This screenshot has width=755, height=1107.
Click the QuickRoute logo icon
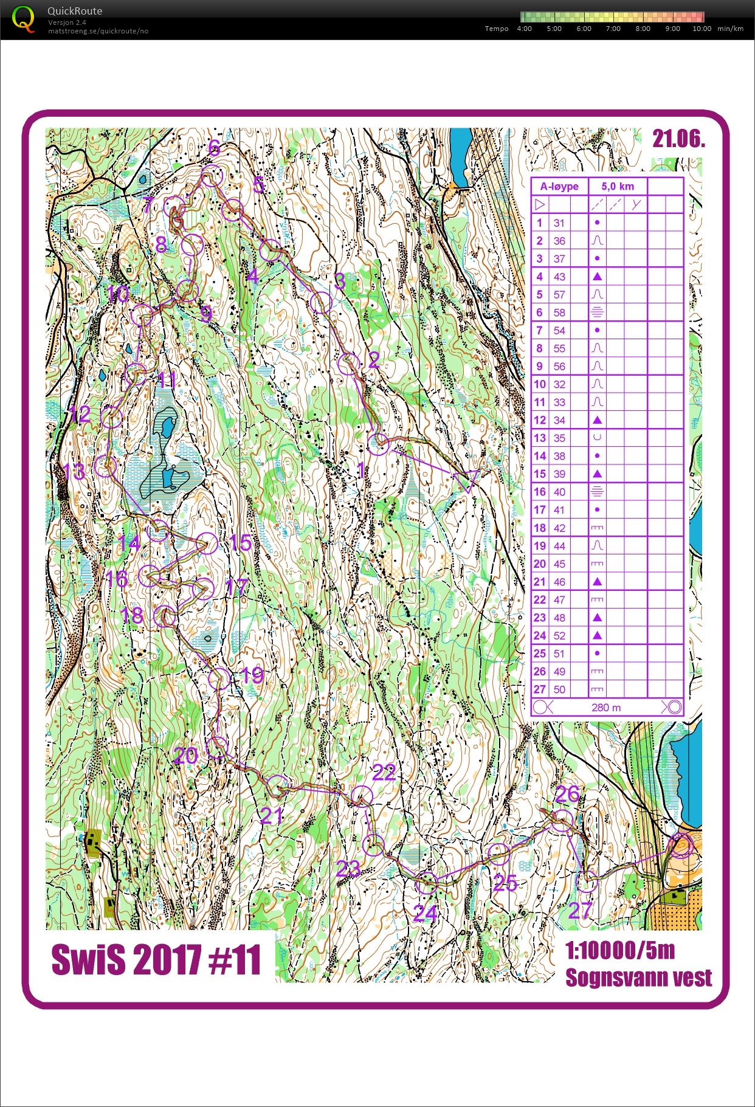click(x=24, y=19)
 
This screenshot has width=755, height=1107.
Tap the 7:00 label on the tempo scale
click(x=613, y=29)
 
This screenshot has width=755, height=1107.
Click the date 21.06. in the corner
click(x=678, y=139)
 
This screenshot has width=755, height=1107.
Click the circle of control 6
click(x=212, y=176)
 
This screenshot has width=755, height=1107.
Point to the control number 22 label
click(x=384, y=773)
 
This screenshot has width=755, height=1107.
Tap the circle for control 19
click(x=219, y=678)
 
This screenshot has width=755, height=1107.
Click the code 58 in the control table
click(x=559, y=312)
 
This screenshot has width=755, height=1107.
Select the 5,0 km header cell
click(x=618, y=187)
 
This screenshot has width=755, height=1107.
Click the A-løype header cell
click(x=559, y=187)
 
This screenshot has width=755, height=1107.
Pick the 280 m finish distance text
click(x=605, y=707)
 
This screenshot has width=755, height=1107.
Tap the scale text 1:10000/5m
click(x=620, y=950)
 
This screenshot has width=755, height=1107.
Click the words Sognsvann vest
click(x=638, y=978)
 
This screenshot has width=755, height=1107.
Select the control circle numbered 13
click(x=106, y=467)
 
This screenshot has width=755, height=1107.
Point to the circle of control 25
click(x=498, y=854)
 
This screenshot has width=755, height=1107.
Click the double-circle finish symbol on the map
click(x=681, y=846)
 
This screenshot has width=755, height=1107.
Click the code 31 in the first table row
click(x=559, y=223)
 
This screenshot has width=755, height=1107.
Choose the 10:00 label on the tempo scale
click(x=702, y=29)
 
